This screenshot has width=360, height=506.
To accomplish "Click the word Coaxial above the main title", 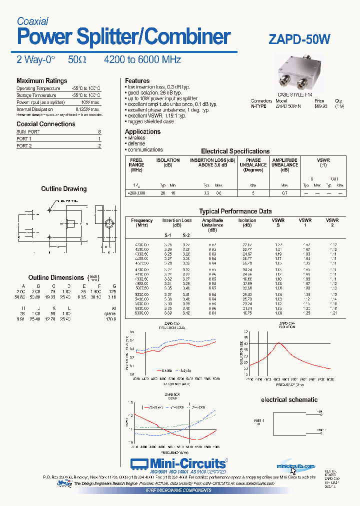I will coord(32,21).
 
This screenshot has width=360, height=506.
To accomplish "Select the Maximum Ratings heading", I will coord(41,80).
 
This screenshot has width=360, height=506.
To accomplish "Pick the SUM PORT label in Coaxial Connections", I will coord(28,131).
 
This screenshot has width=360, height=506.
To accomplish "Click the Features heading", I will coord(137,80).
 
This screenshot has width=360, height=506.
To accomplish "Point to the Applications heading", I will coord(142,131).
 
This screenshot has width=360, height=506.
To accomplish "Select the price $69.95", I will coord(321,106).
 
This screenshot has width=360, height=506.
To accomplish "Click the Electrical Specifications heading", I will coord(235,151).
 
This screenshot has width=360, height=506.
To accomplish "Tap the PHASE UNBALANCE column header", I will coord(253,164).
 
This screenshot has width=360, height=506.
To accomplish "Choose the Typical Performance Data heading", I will coord(235,211).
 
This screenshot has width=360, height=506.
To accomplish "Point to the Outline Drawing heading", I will coord(63,189).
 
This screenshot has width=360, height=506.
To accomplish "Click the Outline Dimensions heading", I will coord(56,277).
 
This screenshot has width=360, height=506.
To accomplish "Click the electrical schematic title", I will coord(289,399).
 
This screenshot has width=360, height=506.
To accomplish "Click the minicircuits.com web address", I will coord(296,466).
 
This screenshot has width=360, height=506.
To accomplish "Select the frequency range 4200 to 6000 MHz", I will coord(142,59).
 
